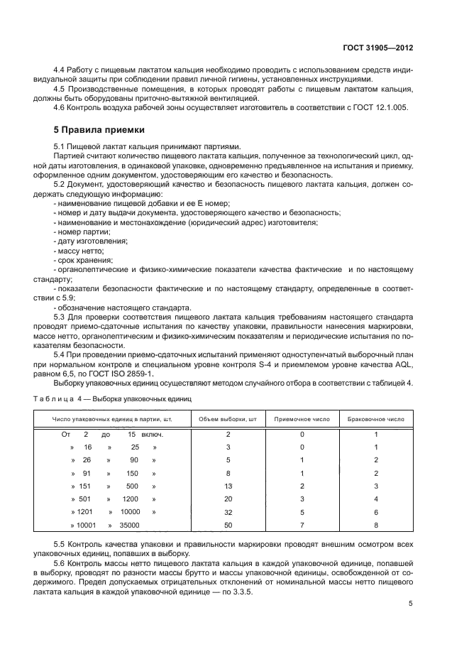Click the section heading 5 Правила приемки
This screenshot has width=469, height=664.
click(x=99, y=130)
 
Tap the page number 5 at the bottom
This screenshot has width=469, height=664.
click(x=411, y=604)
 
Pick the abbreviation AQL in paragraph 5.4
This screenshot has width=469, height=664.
click(x=402, y=364)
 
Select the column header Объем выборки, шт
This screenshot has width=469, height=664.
click(x=228, y=419)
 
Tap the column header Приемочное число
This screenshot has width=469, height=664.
click(x=302, y=419)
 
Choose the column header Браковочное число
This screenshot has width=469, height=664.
click(x=376, y=419)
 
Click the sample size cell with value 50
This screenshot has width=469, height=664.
click(x=228, y=525)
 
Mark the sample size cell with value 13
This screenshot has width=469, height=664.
click(x=228, y=486)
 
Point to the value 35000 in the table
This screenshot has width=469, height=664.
click(x=129, y=525)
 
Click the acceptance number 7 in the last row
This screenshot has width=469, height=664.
click(x=302, y=525)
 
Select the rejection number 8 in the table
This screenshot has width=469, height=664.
click(x=376, y=525)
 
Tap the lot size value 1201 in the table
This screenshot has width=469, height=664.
click(x=85, y=512)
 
